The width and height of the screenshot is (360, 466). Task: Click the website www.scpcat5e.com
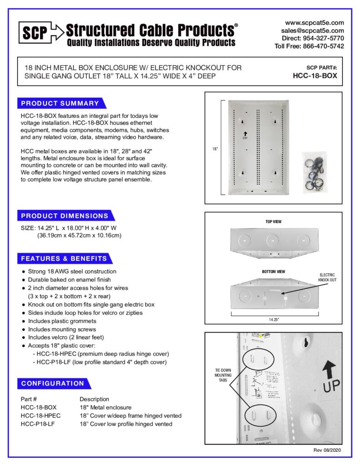(x=314, y=22)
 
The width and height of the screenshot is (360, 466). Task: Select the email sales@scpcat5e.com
(x=312, y=30)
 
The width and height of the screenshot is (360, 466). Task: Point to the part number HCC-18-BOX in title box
(x=315, y=76)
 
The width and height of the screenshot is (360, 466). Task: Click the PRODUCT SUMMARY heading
(x=60, y=103)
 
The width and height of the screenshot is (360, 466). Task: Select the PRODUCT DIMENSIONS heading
(x=65, y=216)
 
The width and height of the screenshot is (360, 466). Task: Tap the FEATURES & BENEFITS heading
(x=64, y=258)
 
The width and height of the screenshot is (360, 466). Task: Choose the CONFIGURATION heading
(x=52, y=383)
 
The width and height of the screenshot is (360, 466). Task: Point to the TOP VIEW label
(x=273, y=222)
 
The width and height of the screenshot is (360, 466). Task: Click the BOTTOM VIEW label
(x=273, y=272)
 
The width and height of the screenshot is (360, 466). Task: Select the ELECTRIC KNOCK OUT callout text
(x=327, y=278)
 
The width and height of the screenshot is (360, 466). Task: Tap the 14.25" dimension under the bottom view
(x=273, y=319)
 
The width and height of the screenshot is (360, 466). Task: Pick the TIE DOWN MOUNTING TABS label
(x=223, y=375)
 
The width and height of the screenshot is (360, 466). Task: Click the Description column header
(x=94, y=399)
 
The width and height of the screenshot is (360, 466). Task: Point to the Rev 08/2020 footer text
(x=326, y=450)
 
